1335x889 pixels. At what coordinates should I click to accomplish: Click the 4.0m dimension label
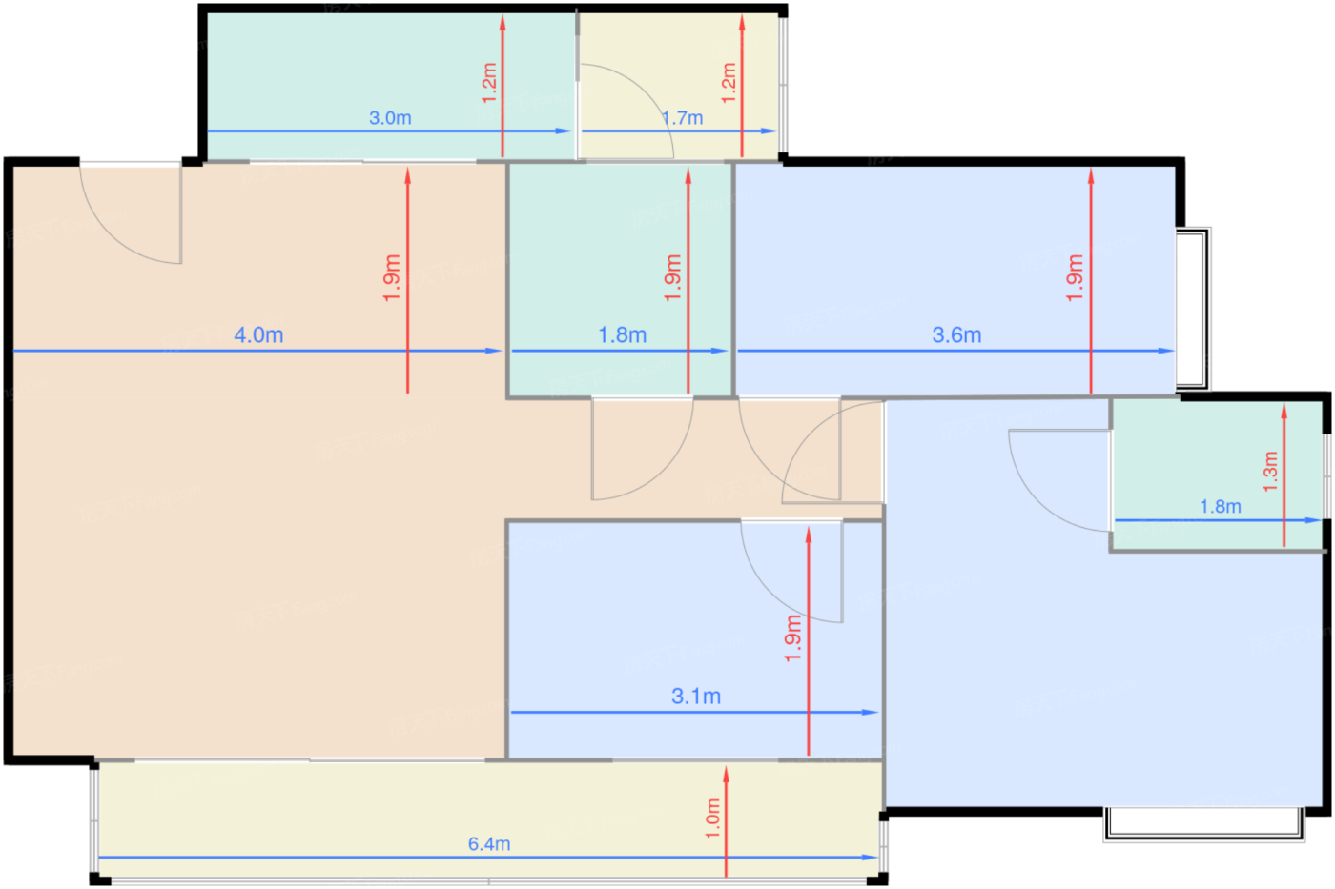258,334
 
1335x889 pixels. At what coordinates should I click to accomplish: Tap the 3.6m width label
956,334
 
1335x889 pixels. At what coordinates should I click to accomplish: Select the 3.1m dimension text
696,696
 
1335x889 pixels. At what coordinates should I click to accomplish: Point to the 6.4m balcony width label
489,844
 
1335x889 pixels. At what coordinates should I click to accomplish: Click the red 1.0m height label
713,818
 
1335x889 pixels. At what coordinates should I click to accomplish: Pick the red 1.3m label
1270,471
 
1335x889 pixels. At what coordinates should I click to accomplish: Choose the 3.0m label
390,118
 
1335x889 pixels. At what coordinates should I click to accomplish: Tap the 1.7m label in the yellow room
683,118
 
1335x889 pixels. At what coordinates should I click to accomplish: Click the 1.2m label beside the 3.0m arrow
488,83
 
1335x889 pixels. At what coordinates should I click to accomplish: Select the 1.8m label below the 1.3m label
1221,507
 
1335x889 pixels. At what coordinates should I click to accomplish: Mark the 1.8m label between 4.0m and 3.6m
622,334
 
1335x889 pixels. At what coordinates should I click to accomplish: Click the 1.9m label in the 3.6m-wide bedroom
1075,277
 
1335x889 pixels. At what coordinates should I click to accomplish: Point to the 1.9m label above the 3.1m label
792,638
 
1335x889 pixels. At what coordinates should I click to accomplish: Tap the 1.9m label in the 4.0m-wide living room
392,277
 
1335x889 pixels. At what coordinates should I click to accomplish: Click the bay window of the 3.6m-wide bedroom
1193,309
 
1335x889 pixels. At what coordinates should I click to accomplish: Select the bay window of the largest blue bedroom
1203,825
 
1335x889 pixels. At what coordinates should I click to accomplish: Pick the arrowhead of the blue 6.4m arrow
870,858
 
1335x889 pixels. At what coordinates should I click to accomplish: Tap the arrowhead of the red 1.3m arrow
1284,412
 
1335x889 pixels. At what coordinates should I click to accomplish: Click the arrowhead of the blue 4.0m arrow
494,351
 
